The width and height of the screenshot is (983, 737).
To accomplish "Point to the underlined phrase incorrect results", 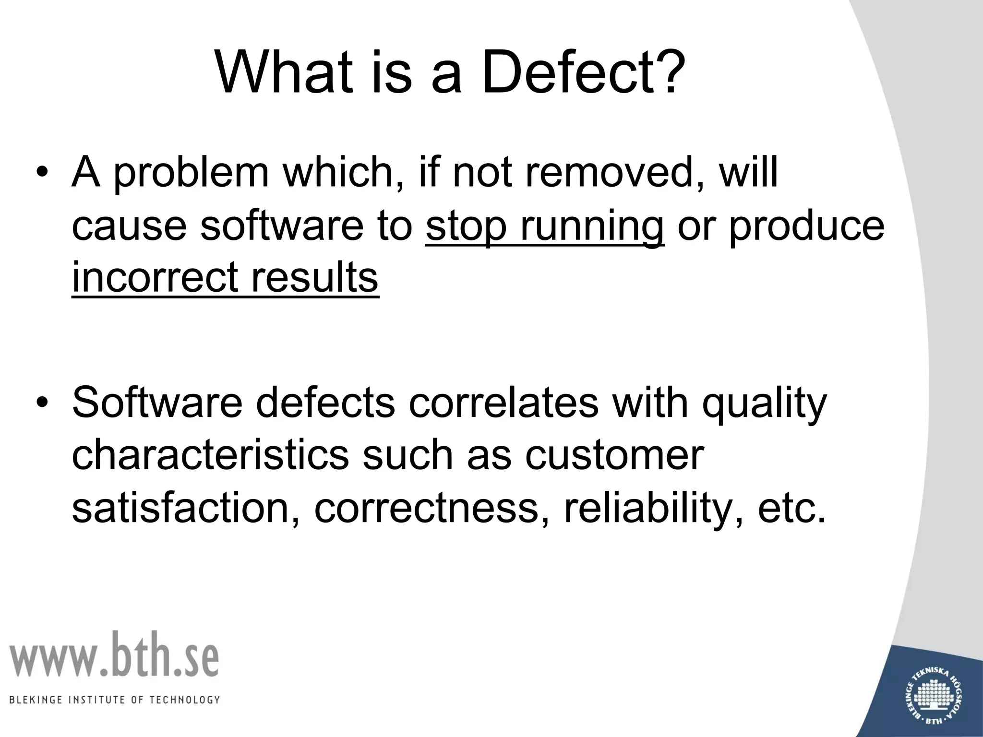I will click(225, 278).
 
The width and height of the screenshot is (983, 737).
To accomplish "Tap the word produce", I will click(806, 226).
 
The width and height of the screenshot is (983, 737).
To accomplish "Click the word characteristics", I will click(210, 455).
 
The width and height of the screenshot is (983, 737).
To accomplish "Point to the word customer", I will click(614, 455).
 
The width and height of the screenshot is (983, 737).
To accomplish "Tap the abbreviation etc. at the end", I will click(792, 508).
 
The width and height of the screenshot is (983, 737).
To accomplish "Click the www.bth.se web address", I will click(114, 655).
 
